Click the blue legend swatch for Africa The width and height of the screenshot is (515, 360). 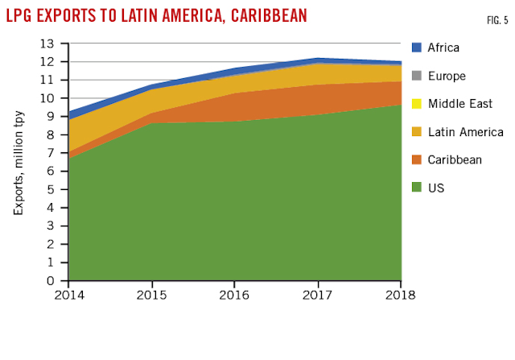tap(417, 48)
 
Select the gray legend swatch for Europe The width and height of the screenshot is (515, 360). tap(417, 76)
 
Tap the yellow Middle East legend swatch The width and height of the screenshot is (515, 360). tap(417, 104)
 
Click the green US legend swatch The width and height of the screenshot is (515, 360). tap(417, 188)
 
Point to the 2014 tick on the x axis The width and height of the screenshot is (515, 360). tap(70, 294)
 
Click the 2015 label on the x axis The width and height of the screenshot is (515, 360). tap(153, 294)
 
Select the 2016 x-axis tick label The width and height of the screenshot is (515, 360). tap(235, 294)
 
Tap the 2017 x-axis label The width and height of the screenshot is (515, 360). tap(318, 294)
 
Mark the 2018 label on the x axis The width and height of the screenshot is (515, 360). tap(400, 294)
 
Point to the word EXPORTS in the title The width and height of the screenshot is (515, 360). tap(75, 16)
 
